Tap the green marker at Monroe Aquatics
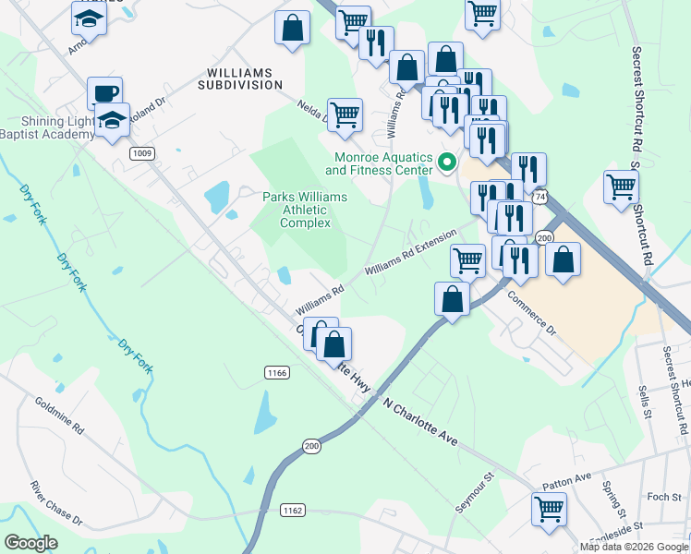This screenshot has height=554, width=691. (x=448, y=163)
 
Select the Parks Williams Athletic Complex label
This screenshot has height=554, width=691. (x=305, y=210)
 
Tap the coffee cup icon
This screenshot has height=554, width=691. (x=104, y=93)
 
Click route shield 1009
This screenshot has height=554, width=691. (x=141, y=153)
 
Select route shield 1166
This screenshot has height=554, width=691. (x=276, y=372)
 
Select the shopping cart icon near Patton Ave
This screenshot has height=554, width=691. (x=550, y=509)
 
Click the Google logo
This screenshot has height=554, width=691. (x=31, y=543)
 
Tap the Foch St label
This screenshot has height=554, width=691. (x=663, y=497)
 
